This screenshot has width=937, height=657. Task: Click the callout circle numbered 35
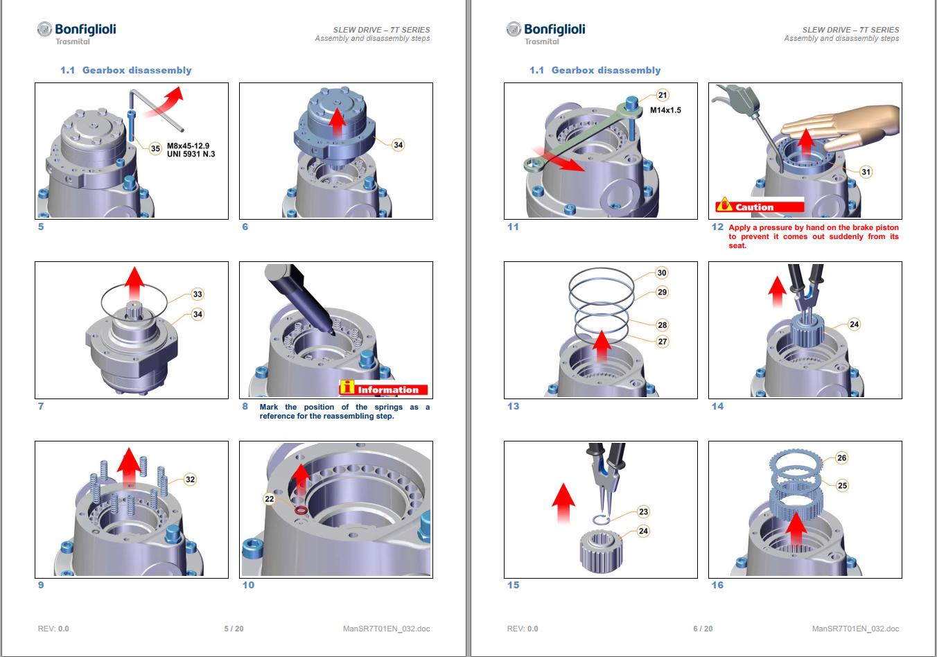(155, 148)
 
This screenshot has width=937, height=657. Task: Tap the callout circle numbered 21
(662, 96)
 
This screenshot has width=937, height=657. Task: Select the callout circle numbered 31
(866, 172)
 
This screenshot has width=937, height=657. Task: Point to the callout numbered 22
(270, 498)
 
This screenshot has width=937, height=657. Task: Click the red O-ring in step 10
(301, 511)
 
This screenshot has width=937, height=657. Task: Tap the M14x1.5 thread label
(665, 110)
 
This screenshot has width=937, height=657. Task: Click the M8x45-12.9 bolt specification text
(189, 146)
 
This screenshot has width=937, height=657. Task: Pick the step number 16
(717, 585)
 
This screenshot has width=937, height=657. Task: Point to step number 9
(41, 585)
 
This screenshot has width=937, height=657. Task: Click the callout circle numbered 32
(190, 480)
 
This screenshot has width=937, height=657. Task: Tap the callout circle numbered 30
(661, 273)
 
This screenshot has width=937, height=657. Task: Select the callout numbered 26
(841, 458)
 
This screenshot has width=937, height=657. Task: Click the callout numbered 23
(643, 511)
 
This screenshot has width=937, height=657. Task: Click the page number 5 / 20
(234, 629)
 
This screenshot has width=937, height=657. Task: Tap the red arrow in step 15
(563, 504)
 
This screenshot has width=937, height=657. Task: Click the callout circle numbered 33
(198, 294)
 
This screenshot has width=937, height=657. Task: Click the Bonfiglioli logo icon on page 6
(514, 29)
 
